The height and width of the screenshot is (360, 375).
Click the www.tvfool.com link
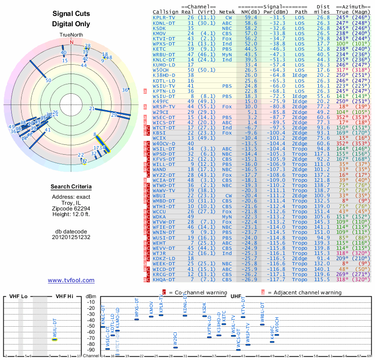[71, 280]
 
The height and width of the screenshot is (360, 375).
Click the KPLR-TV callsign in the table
[164, 17]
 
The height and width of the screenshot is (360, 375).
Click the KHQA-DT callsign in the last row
[164, 279]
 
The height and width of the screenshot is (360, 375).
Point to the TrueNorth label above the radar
[71, 35]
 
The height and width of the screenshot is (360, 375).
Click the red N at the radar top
[72, 41]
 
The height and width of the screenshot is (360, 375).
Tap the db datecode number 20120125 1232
[71, 237]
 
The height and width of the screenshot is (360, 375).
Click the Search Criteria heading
[71, 187]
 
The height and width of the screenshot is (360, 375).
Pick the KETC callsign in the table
[159, 49]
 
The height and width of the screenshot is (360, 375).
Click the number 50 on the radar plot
[48, 80]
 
